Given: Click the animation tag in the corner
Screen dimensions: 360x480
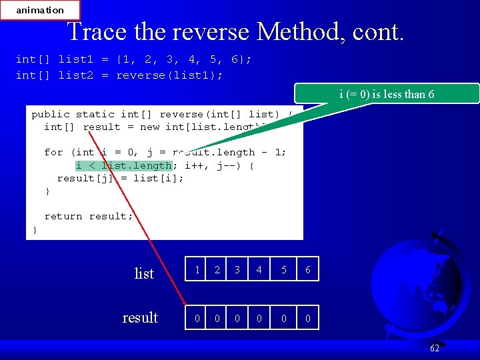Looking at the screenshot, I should pyautogui.click(x=40, y=10).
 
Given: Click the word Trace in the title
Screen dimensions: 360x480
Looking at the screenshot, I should pyautogui.click(x=93, y=32).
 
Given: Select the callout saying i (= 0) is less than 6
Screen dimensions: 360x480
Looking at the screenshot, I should pyautogui.click(x=387, y=94).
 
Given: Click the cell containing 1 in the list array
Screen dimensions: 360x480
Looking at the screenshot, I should pyautogui.click(x=197, y=269).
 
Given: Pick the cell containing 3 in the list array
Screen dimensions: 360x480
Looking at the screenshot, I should pyautogui.click(x=237, y=269).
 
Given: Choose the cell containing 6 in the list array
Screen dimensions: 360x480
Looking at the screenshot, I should pyautogui.click(x=307, y=269).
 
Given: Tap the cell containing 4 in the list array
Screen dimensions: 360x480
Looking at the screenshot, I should pyautogui.click(x=259, y=269).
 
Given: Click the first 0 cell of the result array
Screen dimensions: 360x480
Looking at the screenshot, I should pyautogui.click(x=197, y=318).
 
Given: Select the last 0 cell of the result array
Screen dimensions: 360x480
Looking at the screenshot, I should pyautogui.click(x=307, y=318).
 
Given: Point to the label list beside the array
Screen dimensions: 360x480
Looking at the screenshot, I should pyautogui.click(x=144, y=273).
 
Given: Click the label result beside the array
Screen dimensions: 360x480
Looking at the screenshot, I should pyautogui.click(x=140, y=317).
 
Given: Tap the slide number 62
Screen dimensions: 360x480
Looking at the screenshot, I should pyautogui.click(x=435, y=348).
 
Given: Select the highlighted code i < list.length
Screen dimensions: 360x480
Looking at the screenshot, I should pyautogui.click(x=123, y=165).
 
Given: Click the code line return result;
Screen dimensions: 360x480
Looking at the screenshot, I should pyautogui.click(x=89, y=216).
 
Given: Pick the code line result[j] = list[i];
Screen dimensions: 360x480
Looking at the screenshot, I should pyautogui.click(x=120, y=178).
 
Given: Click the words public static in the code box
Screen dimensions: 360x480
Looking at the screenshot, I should pyautogui.click(x=70, y=114).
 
